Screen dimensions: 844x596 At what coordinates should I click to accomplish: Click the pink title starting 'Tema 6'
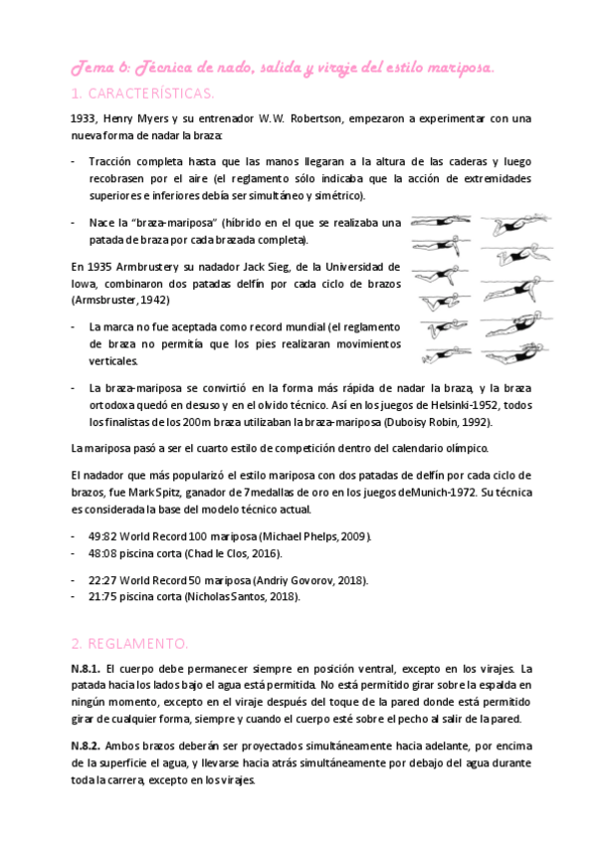[282, 66]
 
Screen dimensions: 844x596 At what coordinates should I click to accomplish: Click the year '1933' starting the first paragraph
[84, 117]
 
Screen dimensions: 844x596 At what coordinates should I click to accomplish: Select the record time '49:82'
[103, 536]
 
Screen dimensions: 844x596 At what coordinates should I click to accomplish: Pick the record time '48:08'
[103, 553]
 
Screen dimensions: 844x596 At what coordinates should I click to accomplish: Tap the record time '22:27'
[103, 580]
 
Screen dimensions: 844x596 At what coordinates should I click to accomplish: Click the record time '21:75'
[103, 597]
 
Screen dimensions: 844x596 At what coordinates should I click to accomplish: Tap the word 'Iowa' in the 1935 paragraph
[84, 283]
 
